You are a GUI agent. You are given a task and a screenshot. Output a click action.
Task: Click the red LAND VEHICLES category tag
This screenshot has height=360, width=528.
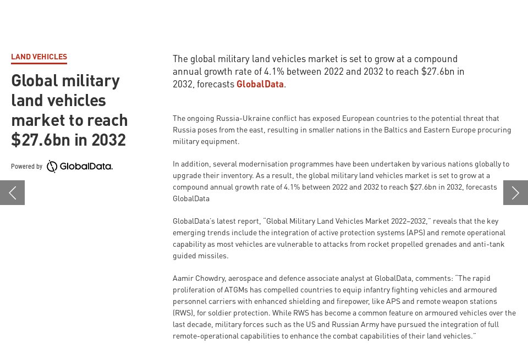[39, 57]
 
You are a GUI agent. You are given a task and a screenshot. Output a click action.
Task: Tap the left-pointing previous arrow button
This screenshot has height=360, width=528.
[12, 192]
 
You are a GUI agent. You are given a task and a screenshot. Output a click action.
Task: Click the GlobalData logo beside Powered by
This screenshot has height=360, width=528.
[80, 167]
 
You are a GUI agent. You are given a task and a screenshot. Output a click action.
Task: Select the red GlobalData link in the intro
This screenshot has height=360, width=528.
[260, 84]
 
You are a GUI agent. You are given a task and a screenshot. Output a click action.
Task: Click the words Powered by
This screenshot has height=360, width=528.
[26, 167]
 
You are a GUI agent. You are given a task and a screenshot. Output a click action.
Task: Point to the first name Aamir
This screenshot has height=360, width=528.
[183, 278]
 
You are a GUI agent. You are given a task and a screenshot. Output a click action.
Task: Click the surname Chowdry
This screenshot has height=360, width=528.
[210, 278]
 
